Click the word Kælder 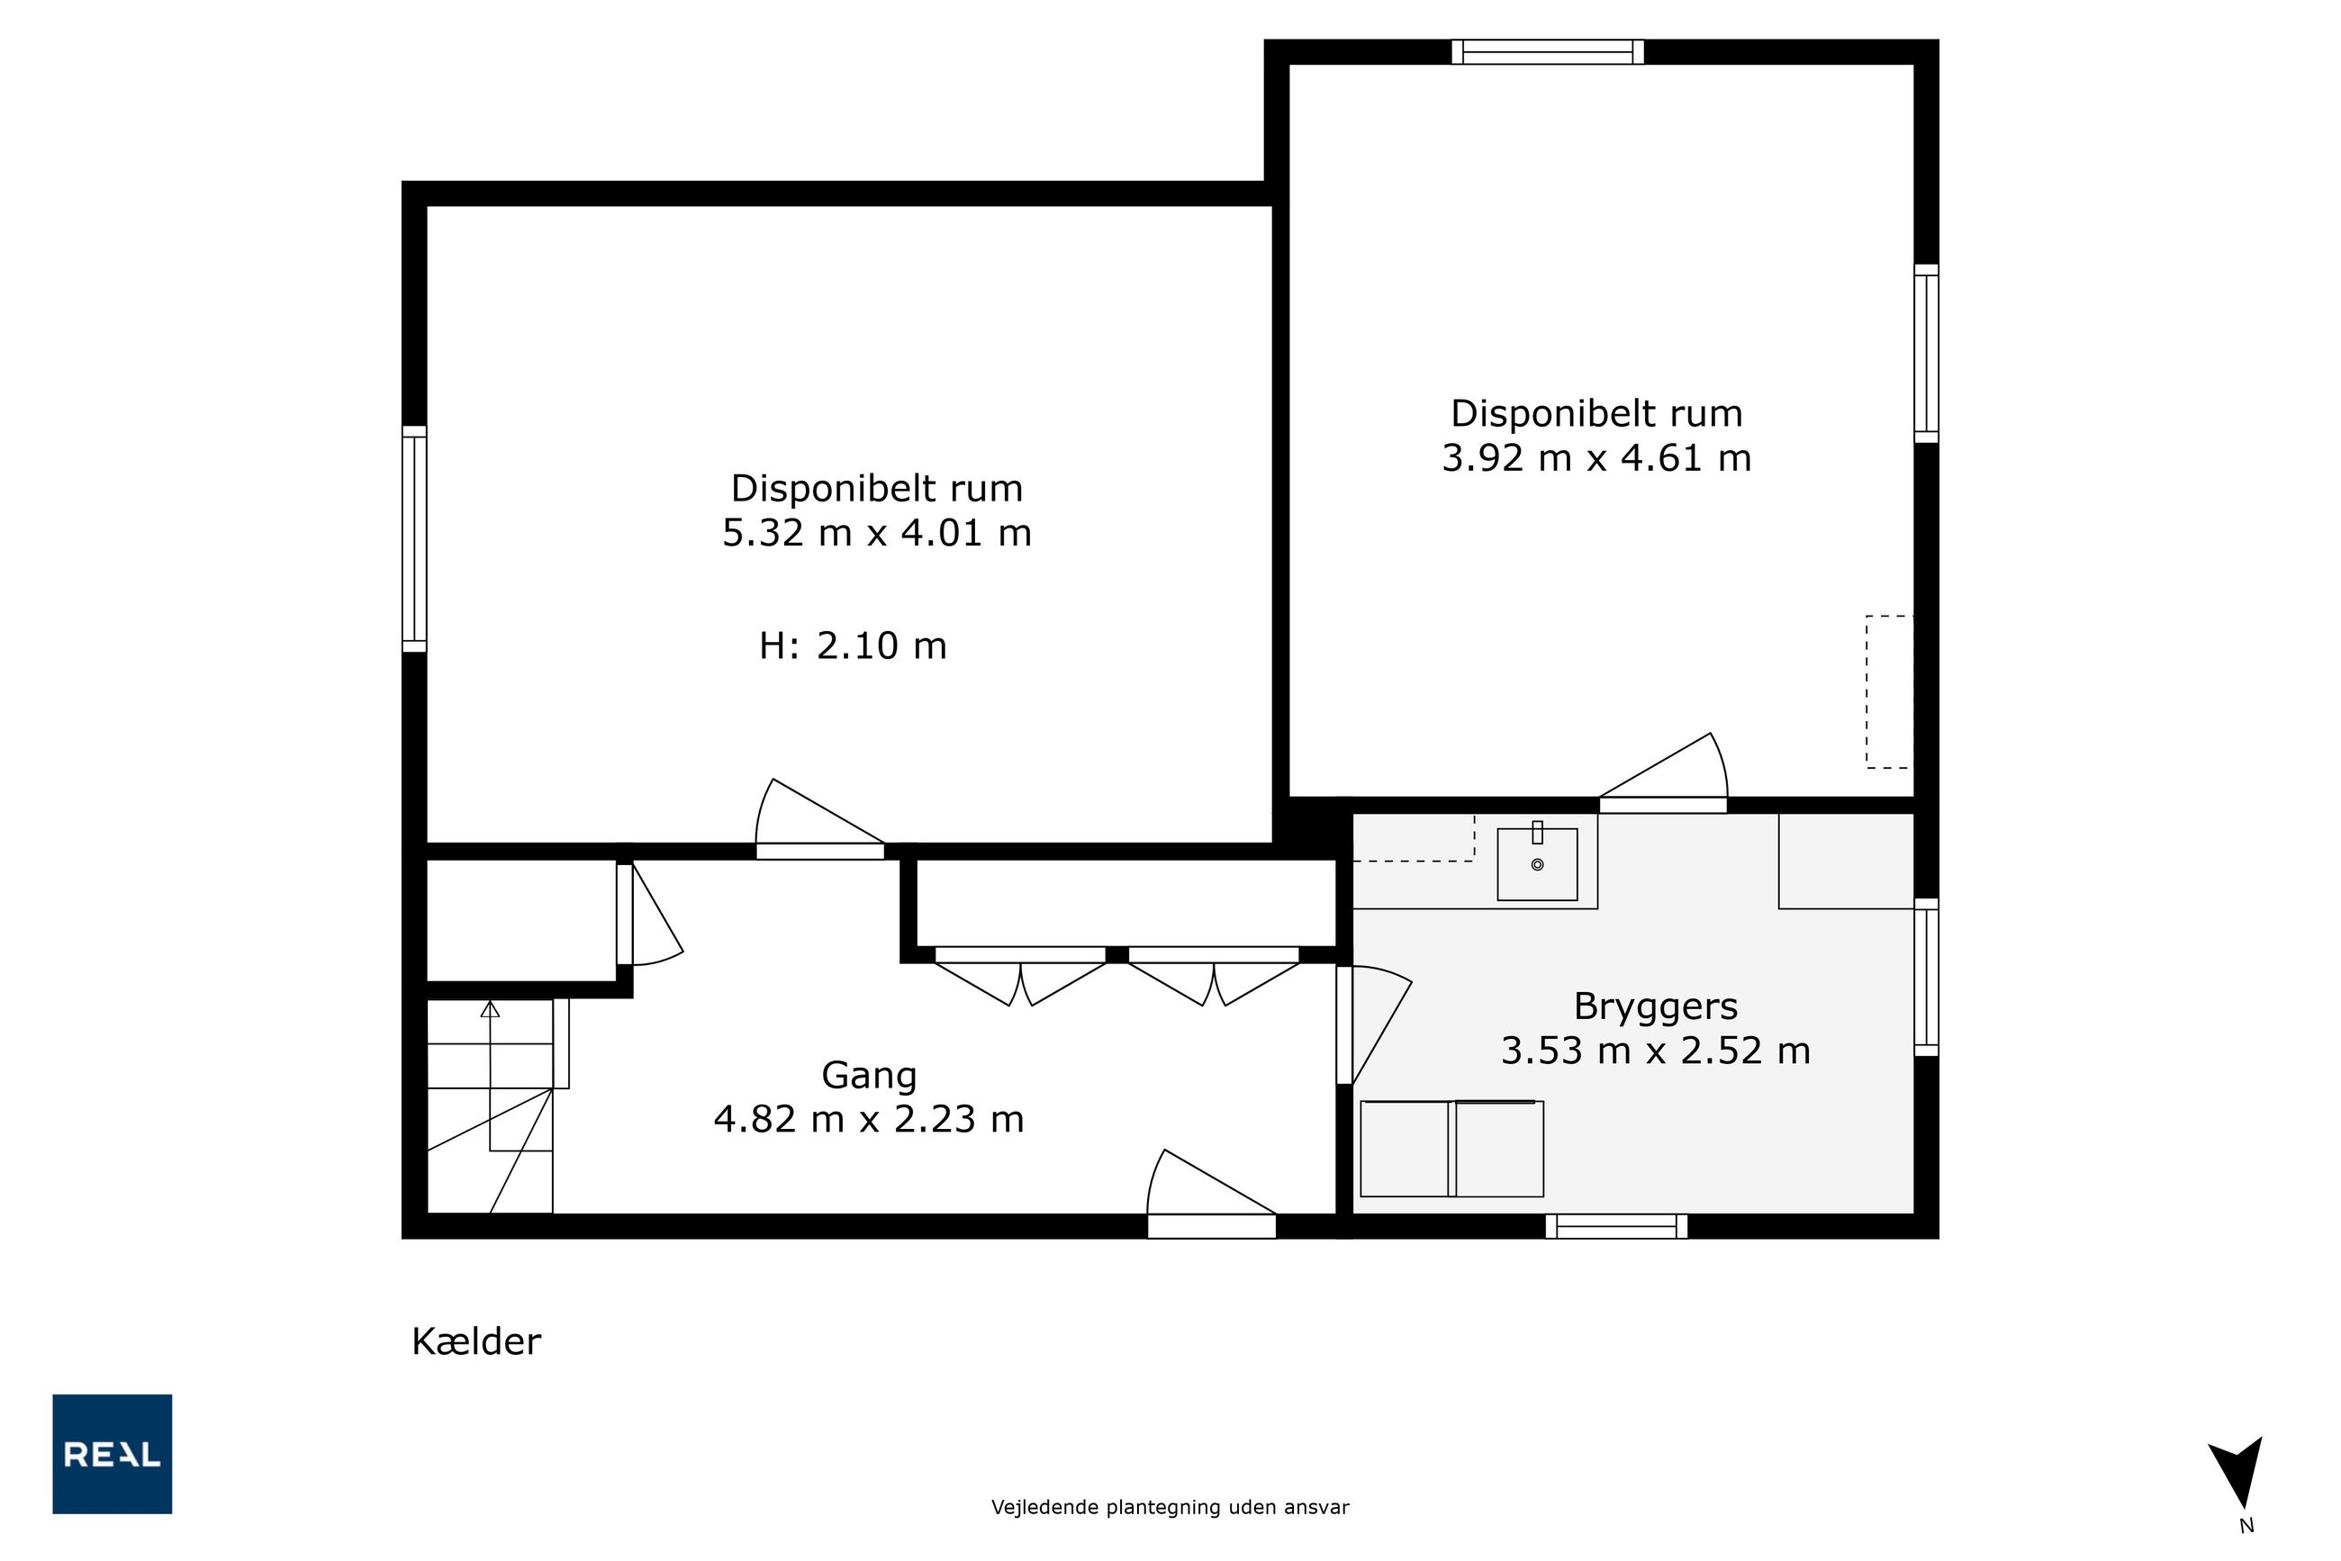tap(476, 1342)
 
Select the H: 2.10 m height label tap(853, 646)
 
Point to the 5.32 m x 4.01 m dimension tap(876, 534)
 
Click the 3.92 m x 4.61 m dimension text tap(1596, 458)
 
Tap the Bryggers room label tap(1655, 1007)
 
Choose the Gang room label tap(868, 1076)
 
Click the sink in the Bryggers tap(1538, 864)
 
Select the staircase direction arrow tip tap(490, 1002)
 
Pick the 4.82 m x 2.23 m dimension tap(868, 1120)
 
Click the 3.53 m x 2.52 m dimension tap(1655, 1051)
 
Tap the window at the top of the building tap(1548, 52)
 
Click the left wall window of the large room tap(414, 538)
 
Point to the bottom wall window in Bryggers tap(1616, 1226)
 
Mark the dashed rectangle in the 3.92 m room tap(1889, 692)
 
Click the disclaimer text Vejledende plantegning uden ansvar tap(1170, 1507)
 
